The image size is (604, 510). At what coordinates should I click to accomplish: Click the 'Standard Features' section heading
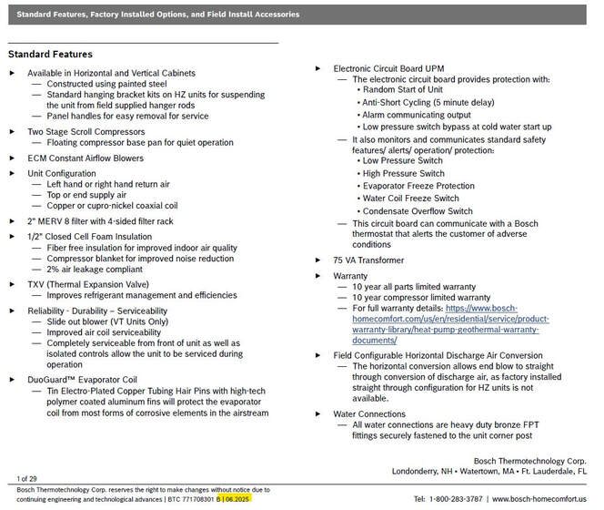click(x=50, y=55)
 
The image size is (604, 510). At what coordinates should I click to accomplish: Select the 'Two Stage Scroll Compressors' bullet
click(x=86, y=131)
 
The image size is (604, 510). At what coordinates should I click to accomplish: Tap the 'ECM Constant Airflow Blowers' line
click(x=86, y=158)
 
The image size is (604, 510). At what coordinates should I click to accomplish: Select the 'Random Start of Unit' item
click(x=404, y=90)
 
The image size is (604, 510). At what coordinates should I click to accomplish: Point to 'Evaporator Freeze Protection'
click(x=418, y=186)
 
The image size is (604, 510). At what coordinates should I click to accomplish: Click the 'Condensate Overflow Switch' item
click(x=418, y=211)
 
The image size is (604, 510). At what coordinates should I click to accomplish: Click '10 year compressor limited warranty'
click(x=420, y=297)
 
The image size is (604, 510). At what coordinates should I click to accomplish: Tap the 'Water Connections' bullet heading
click(x=369, y=413)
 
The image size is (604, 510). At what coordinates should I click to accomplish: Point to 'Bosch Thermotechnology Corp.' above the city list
click(x=530, y=460)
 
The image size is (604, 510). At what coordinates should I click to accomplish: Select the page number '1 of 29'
click(x=27, y=478)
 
